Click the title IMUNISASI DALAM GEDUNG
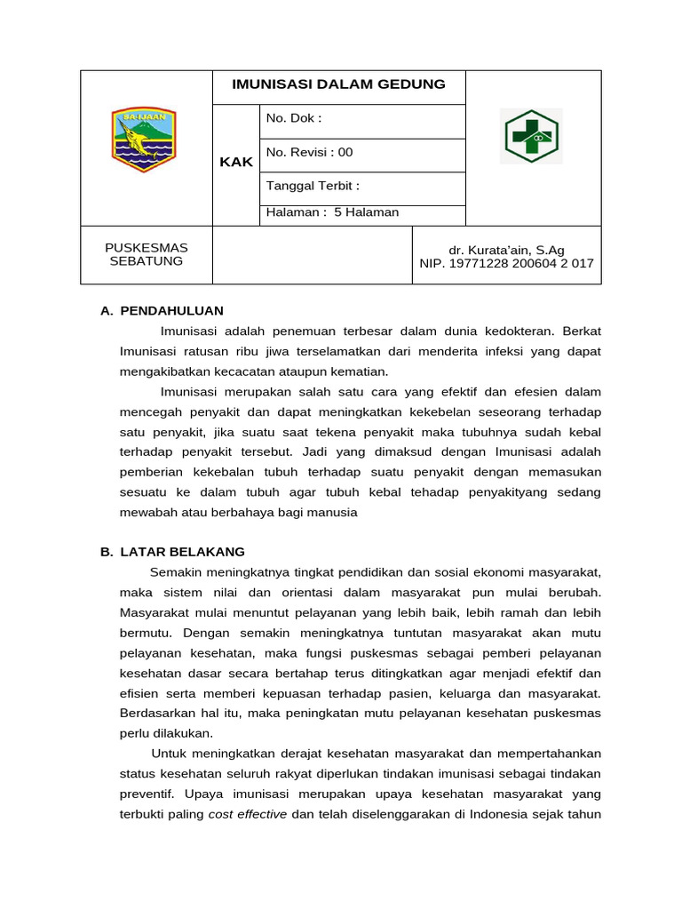coord(338,85)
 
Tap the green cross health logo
coord(531,137)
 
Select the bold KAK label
coord(236,162)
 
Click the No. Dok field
coord(293,119)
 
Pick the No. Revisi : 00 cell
coord(309,153)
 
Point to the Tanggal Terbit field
coord(313,187)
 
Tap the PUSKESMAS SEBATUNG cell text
coord(147,254)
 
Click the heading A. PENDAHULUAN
coord(162,311)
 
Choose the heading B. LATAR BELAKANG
coord(172,552)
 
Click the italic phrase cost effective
coord(247,815)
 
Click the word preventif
coord(147,794)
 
